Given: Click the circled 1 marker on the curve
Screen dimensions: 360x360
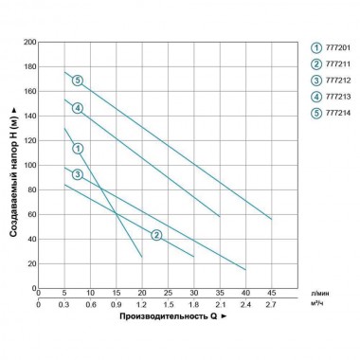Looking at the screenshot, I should coord(78,148).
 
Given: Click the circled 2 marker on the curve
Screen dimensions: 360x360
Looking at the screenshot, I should coord(156,234).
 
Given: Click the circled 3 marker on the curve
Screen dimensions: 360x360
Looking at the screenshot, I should coord(78,173).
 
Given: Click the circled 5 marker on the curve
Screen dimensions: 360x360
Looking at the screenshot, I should coord(78,80).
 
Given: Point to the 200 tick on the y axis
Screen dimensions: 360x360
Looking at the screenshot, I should coord(29,43).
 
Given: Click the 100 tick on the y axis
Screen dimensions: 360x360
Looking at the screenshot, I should coord(29,165).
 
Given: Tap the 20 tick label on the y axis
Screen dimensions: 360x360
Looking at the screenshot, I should coord(31,262).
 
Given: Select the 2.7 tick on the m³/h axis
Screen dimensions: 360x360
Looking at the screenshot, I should coord(272,305).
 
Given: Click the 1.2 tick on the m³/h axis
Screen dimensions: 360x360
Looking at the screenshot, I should coord(142,305).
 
